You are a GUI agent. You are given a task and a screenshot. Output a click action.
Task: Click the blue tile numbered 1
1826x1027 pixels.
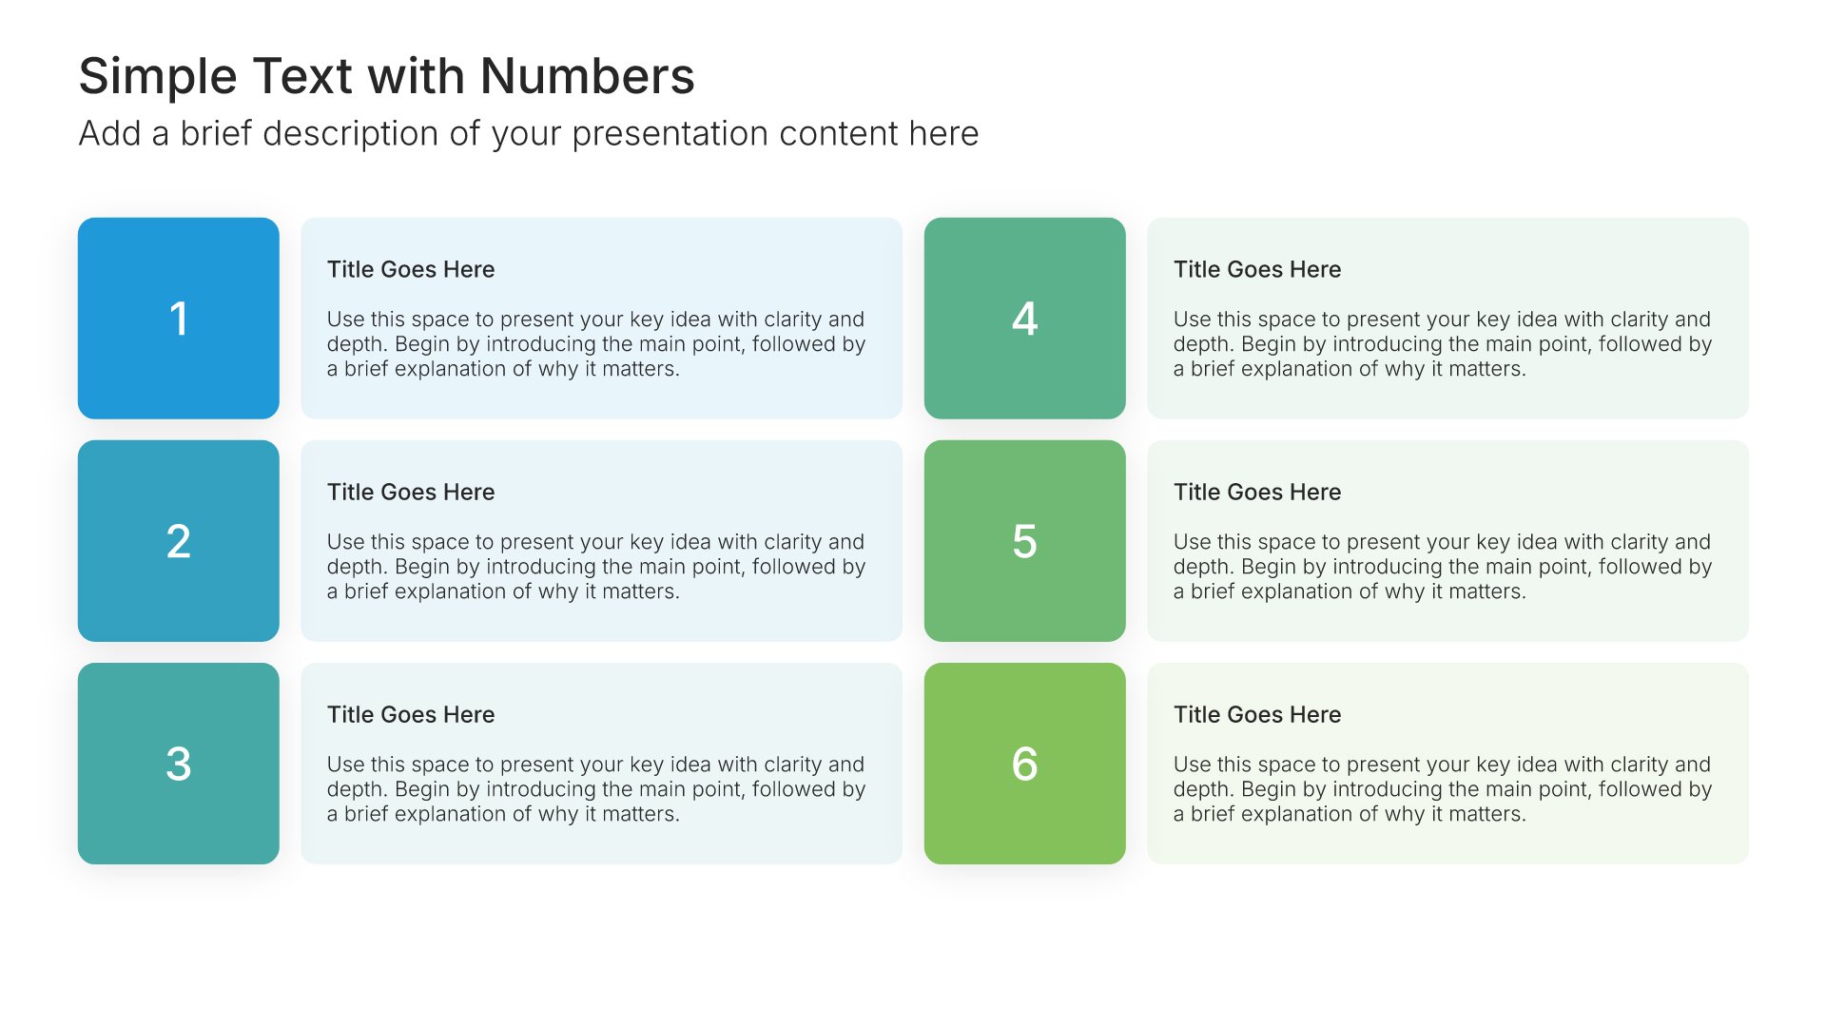tap(179, 319)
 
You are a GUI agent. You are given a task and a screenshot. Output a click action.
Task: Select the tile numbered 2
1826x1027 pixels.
tap(179, 541)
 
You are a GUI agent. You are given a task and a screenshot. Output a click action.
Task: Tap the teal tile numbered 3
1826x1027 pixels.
tap(179, 764)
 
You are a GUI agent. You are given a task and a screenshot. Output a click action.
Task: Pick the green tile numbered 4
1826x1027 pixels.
tap(1025, 319)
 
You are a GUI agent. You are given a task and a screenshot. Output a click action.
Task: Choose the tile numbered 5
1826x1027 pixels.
tap(1025, 541)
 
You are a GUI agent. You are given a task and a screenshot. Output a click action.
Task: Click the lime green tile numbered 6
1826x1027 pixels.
tap(1025, 764)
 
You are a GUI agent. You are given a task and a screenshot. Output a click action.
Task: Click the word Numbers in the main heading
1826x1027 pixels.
tap(588, 76)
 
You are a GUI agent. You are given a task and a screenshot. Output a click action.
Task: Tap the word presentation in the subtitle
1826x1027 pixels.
tap(670, 134)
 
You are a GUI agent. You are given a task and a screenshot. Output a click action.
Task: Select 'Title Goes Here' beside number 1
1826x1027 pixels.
tap(411, 269)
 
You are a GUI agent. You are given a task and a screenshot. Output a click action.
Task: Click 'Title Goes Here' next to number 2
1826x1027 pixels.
tap(411, 492)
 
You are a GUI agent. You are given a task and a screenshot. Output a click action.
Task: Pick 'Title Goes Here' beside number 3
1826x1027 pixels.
tap(411, 714)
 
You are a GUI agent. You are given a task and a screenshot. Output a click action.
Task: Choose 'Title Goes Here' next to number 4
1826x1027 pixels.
tap(1257, 269)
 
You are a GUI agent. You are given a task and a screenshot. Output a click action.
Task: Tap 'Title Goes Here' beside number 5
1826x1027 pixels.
tap(1257, 492)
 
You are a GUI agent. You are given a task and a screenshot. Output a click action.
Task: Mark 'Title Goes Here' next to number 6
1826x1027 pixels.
tap(1257, 714)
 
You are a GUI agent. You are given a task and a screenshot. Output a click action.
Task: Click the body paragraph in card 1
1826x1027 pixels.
tap(596, 344)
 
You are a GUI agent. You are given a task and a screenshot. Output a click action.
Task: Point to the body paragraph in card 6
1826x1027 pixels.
tap(1443, 789)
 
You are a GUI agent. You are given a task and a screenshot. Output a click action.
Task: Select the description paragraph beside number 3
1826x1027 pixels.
tap(596, 789)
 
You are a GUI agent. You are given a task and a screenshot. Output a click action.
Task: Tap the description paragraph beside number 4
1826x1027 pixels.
tap(1443, 344)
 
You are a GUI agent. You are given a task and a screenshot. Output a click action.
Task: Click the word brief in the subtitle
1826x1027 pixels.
tap(217, 133)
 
